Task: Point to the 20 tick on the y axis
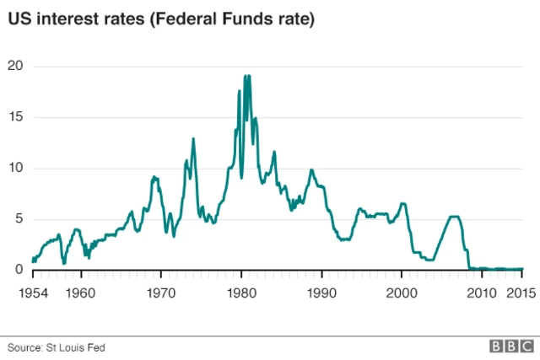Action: tap(15, 67)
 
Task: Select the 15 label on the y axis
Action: tap(15, 117)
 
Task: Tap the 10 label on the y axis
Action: tap(15, 168)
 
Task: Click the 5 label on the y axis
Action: tap(19, 219)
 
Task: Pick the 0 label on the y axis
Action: tap(19, 270)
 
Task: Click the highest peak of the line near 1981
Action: tap(246, 76)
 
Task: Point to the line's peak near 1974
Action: tap(193, 138)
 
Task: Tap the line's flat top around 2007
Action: tap(454, 217)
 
